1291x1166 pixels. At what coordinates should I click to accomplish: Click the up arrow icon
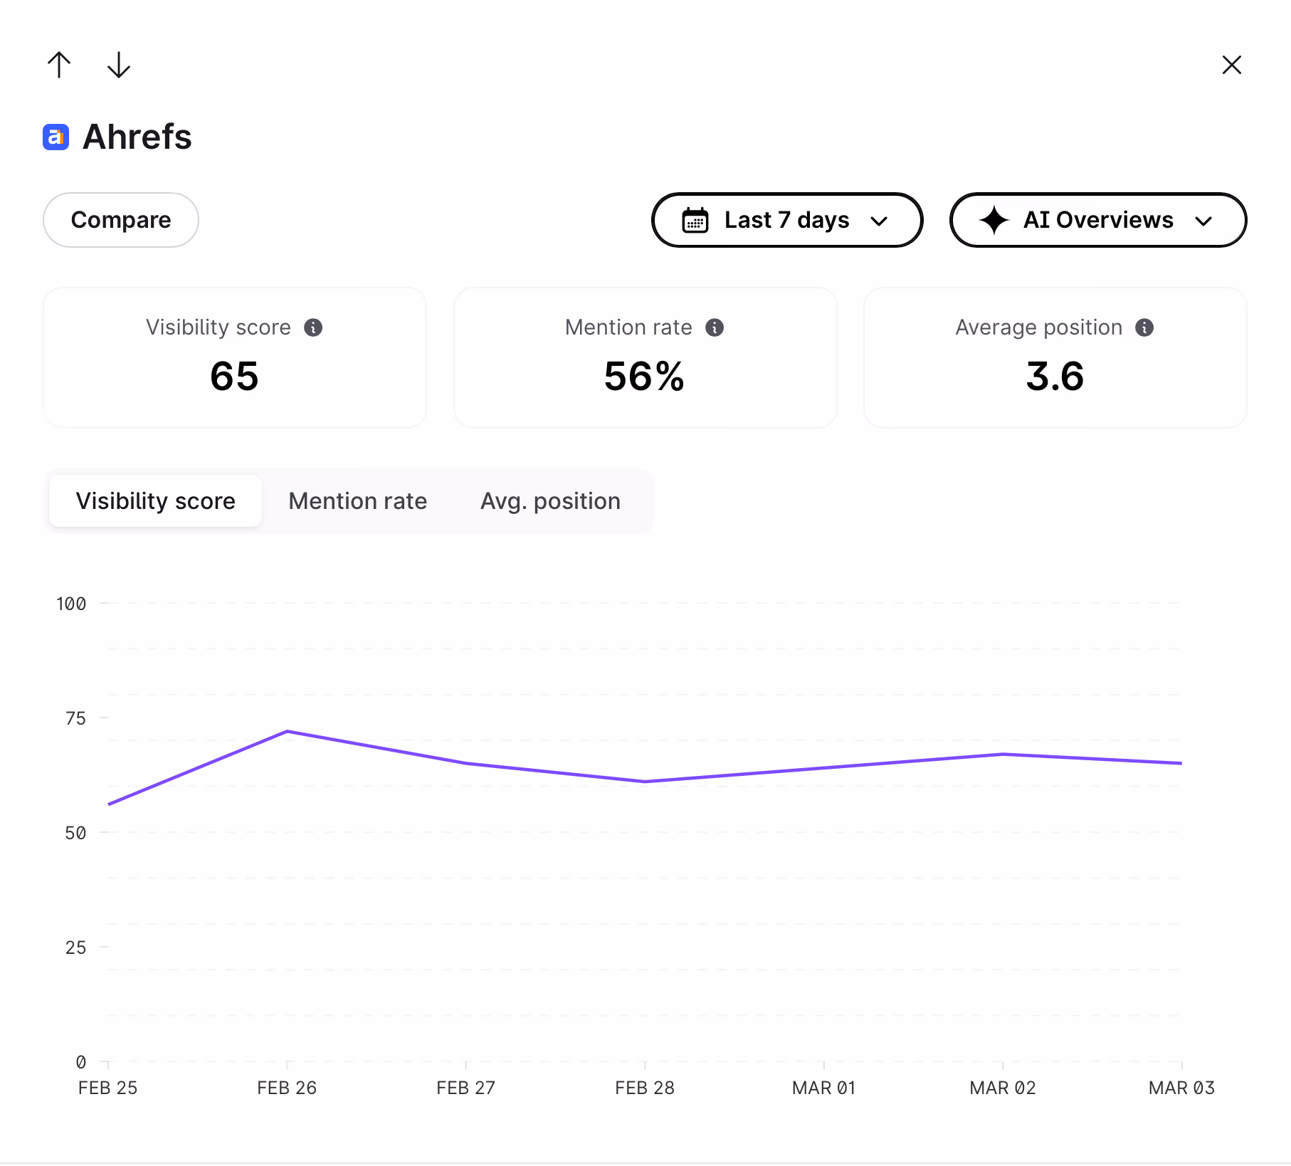click(59, 65)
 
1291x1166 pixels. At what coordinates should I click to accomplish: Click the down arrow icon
click(119, 65)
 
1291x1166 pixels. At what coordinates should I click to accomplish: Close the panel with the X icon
click(1231, 65)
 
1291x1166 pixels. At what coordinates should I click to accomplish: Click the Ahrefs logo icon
click(56, 137)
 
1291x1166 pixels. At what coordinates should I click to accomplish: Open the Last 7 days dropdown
click(787, 220)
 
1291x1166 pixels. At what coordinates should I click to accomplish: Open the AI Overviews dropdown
click(1098, 220)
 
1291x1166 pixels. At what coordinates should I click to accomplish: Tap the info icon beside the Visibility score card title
click(313, 327)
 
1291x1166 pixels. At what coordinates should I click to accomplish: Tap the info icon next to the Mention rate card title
click(715, 327)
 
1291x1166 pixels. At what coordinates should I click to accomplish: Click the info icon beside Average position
click(1144, 327)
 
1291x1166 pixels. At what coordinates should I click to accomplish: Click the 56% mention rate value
click(644, 377)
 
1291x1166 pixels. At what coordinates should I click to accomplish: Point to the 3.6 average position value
click(1055, 377)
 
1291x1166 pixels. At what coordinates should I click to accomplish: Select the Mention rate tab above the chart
click(358, 501)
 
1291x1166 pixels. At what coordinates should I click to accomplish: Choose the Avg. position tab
click(550, 501)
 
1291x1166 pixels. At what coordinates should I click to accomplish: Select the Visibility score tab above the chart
click(156, 501)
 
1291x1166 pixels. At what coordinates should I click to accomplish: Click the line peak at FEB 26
click(287, 731)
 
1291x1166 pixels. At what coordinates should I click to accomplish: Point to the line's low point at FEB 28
click(645, 782)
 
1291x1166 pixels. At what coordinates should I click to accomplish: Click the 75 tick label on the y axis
click(75, 718)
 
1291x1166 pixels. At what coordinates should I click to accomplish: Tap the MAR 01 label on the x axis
click(823, 1088)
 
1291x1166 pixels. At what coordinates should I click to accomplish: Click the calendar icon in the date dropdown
click(695, 220)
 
